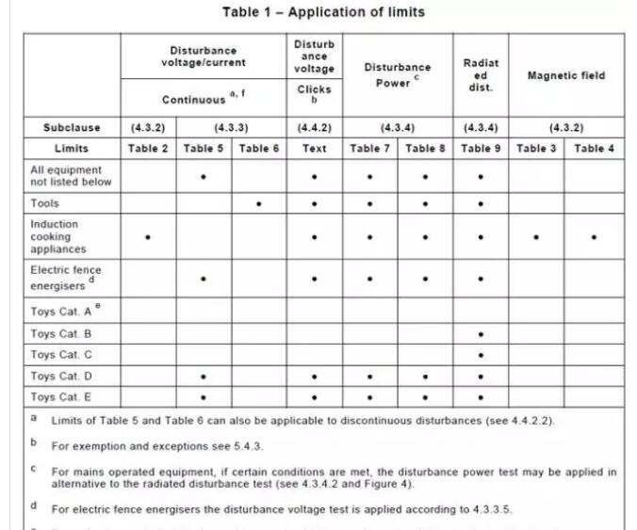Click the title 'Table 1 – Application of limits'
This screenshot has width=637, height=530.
click(x=323, y=12)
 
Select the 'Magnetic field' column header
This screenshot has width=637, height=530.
click(x=565, y=75)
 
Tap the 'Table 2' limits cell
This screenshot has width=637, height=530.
click(x=148, y=148)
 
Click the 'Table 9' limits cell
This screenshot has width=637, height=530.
click(x=481, y=148)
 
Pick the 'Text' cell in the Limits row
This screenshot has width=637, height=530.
click(x=314, y=148)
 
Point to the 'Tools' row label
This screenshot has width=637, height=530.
click(x=44, y=203)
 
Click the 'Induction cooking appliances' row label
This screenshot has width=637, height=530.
click(x=58, y=236)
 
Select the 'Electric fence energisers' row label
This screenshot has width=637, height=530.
click(x=65, y=278)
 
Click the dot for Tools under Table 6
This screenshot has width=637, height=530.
click(x=259, y=203)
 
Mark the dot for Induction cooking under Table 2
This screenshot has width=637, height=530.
click(x=148, y=237)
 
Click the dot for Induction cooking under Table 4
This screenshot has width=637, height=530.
click(x=594, y=237)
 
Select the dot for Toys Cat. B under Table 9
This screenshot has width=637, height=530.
click(x=481, y=334)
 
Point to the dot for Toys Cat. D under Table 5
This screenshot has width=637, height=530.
click(x=204, y=377)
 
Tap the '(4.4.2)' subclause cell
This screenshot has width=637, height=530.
click(x=314, y=127)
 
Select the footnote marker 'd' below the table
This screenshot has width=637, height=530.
click(x=34, y=505)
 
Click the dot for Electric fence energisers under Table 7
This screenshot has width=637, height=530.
click(x=369, y=279)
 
